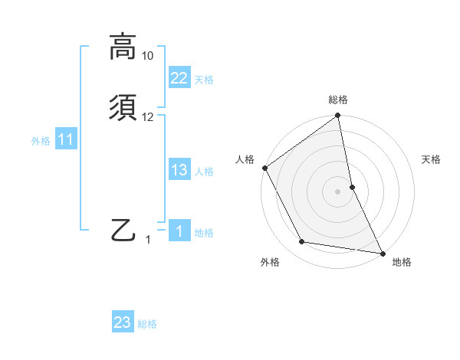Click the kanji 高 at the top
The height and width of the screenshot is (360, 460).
pos(122,47)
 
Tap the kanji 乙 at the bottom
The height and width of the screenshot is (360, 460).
pos(123,230)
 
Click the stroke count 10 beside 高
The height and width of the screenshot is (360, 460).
pos(148,56)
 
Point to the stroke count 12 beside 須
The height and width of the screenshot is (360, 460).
pos(148,117)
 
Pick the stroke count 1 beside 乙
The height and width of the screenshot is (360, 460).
pos(149,240)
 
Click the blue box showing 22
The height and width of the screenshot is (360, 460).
pos(179,78)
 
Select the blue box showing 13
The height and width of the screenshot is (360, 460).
pos(179,170)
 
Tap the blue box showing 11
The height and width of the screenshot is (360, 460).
pos(66,139)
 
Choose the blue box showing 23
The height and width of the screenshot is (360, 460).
pos(123,322)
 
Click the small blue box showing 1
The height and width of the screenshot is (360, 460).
pos(179,231)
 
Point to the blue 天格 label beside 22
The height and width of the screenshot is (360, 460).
pos(204,80)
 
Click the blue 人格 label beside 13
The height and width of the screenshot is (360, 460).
pos(204,172)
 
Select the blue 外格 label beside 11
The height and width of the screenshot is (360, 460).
pos(41,141)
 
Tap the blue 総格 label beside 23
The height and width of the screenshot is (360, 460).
pos(147,324)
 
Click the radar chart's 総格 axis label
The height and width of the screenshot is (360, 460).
pos(338,100)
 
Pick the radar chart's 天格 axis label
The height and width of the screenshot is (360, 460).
pos(432,159)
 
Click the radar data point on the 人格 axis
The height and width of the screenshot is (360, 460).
pos(264,168)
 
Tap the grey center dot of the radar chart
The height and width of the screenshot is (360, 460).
pos(338,191)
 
